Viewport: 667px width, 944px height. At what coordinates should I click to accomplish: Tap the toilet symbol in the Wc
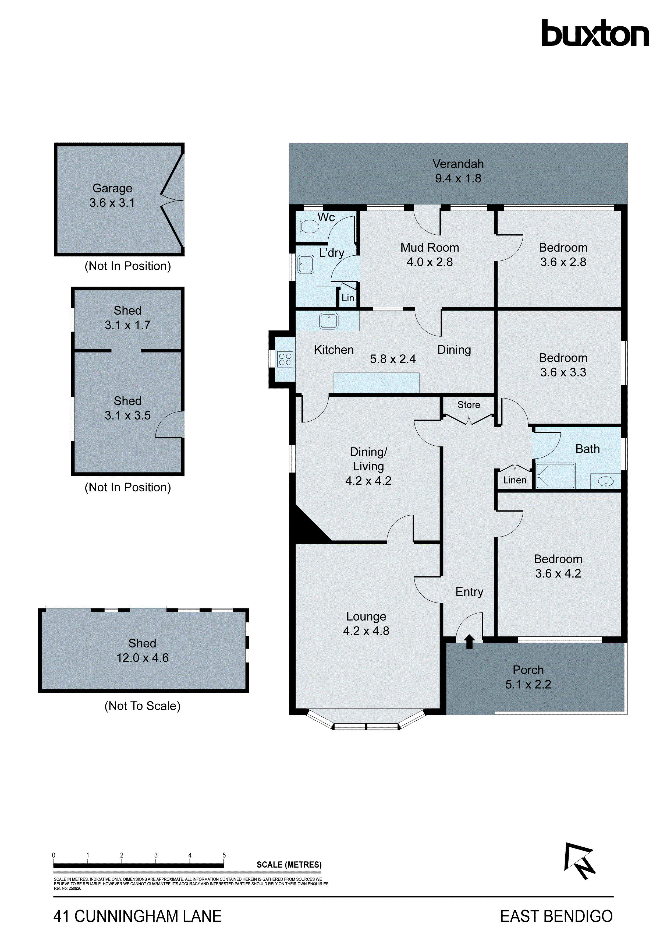tap(308, 226)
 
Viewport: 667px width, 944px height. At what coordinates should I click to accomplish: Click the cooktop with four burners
tap(285, 359)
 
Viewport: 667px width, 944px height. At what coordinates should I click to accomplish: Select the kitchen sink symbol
tap(329, 321)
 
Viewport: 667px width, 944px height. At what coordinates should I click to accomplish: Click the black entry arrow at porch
tap(469, 642)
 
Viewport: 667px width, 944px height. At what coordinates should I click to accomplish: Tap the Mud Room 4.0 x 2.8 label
tap(430, 255)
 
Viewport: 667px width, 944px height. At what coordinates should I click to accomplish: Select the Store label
tap(469, 405)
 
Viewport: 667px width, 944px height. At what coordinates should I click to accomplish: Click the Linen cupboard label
tap(514, 480)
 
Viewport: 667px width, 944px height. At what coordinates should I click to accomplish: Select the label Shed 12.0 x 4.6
tap(142, 650)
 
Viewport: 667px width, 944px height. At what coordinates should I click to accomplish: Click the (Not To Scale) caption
tap(142, 706)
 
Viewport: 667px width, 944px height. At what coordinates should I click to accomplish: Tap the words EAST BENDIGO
tap(556, 917)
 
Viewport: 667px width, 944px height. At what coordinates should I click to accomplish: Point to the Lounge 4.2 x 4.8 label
tap(366, 623)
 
